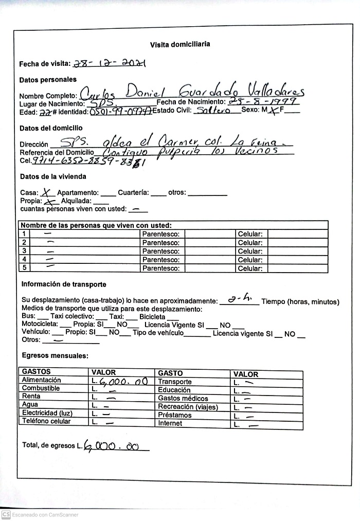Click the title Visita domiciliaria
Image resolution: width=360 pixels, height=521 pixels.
tap(179, 45)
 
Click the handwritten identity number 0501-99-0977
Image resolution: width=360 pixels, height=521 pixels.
tap(120, 112)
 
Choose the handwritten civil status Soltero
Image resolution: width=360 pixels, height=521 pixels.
tap(213, 111)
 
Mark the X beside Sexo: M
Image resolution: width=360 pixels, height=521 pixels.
tap(275, 111)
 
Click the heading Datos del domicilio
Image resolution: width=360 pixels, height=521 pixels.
tap(51, 128)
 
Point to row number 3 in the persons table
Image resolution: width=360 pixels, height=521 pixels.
tap(24, 251)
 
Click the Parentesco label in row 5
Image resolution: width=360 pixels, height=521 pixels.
tap(160, 268)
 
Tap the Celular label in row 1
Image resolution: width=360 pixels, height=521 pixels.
tap(250, 234)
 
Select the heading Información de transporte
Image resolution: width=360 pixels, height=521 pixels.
tap(64, 284)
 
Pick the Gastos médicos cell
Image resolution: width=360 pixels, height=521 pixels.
tap(183, 399)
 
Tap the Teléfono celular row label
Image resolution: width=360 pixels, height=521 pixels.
tap(46, 421)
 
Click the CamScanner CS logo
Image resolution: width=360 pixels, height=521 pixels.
tap(6, 514)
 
